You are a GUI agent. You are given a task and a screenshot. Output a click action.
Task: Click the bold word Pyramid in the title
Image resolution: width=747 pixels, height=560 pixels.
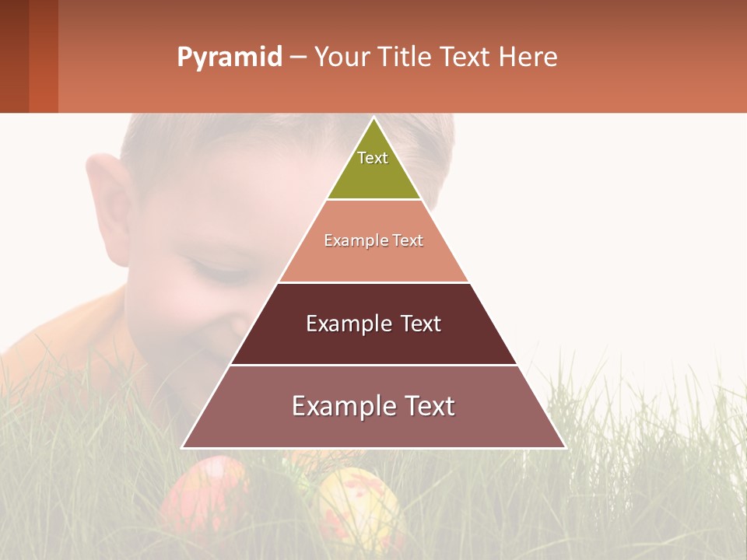tap(229, 58)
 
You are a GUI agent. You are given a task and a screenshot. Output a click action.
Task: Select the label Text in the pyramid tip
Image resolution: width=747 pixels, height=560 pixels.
tap(373, 158)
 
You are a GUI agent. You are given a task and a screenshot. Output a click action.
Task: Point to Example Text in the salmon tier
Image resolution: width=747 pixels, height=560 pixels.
tap(373, 240)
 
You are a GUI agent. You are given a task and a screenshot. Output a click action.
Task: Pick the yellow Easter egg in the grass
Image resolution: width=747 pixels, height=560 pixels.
tap(358, 506)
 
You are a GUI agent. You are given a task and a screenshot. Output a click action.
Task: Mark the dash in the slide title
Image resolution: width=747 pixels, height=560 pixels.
tap(298, 58)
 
